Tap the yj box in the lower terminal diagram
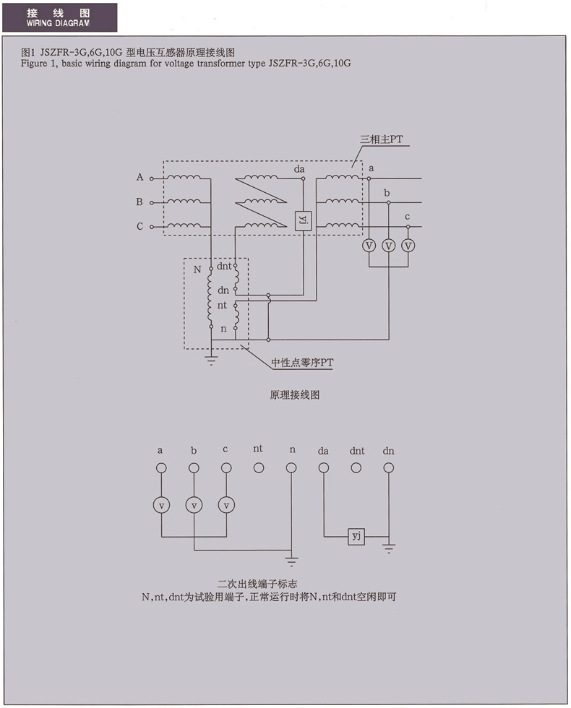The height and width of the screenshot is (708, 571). (356, 536)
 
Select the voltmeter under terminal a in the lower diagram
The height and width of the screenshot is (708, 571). (161, 504)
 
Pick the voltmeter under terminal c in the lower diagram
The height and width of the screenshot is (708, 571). (227, 504)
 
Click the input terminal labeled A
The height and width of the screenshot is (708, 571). (152, 177)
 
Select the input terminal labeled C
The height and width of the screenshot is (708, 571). (152, 227)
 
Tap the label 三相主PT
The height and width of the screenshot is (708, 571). (382, 139)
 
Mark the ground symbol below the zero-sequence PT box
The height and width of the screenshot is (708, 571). (211, 360)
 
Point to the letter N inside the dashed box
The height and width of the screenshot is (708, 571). (197, 270)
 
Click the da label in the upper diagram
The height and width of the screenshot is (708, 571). (299, 169)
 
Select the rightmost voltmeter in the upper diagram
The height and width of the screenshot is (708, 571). (408, 246)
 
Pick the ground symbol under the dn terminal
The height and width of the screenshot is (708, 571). (389, 550)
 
